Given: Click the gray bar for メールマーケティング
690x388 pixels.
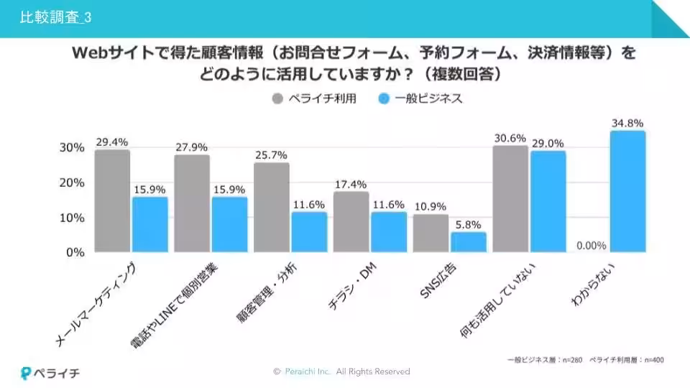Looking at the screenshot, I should click(x=112, y=201).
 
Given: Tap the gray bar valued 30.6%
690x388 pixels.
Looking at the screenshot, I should click(x=510, y=198).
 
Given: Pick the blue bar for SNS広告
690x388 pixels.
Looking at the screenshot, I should click(x=469, y=241).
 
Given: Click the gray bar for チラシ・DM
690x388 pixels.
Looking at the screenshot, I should click(x=351, y=222).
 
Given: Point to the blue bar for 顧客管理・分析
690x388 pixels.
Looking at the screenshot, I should click(x=309, y=231).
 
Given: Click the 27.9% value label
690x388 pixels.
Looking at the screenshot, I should click(x=192, y=147).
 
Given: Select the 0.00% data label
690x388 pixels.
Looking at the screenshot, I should click(x=591, y=245).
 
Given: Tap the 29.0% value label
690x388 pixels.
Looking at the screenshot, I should click(x=548, y=143).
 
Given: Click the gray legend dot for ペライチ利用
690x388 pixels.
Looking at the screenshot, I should click(x=277, y=98).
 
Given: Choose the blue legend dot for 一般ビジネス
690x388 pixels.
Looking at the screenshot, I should click(x=384, y=98).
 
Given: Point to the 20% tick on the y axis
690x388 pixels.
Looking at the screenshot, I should click(x=71, y=183).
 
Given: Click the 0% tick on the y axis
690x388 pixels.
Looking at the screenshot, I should click(x=75, y=252).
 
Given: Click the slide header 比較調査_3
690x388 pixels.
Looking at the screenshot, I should click(x=57, y=17).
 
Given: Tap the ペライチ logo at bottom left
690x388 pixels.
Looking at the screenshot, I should click(x=50, y=372).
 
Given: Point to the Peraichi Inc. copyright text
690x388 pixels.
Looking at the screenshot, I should click(x=341, y=371).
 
